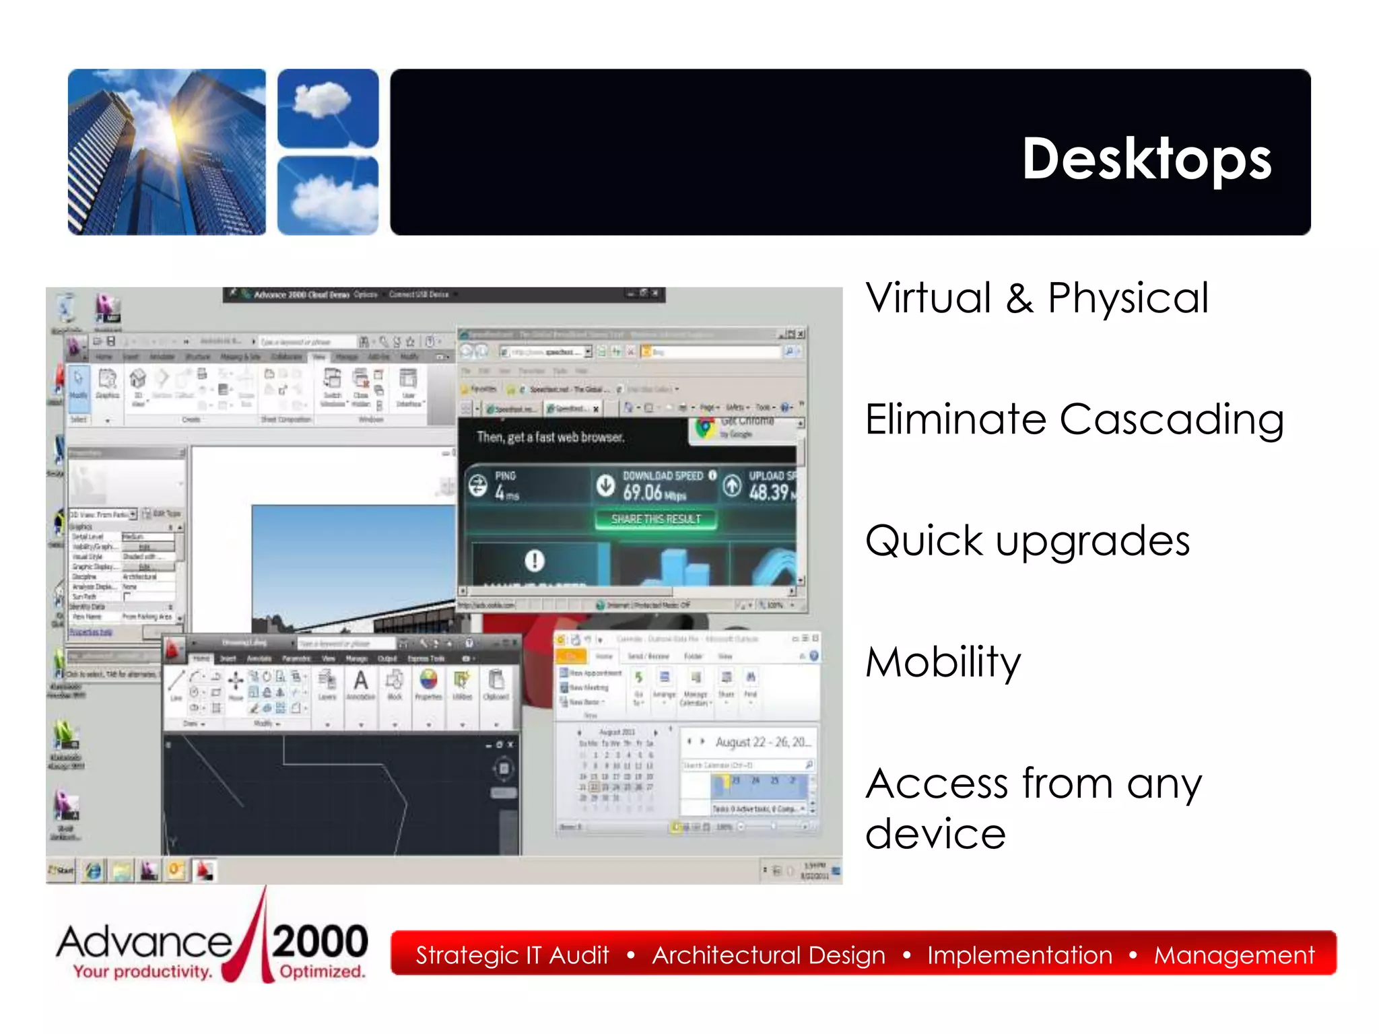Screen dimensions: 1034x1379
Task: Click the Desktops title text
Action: click(x=1146, y=159)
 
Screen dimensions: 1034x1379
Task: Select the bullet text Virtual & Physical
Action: click(x=1037, y=298)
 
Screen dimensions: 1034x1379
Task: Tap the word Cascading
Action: click(x=1171, y=419)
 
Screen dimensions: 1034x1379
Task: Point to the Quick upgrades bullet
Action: click(x=1028, y=541)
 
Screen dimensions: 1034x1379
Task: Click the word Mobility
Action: click(x=943, y=662)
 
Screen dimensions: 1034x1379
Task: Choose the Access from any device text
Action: click(x=1033, y=807)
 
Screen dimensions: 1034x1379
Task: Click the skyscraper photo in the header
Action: click(x=166, y=152)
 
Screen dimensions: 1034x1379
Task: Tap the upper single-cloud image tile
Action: click(x=328, y=108)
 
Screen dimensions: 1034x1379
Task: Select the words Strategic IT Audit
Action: click(x=512, y=955)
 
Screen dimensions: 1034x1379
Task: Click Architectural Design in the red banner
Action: click(x=768, y=955)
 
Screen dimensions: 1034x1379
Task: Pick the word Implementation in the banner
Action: click(x=1019, y=955)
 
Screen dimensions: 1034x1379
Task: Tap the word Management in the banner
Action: click(x=1234, y=955)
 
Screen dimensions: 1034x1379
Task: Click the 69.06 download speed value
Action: click(x=644, y=493)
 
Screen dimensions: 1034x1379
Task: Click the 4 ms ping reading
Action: click(x=506, y=493)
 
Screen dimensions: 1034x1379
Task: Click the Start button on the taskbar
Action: click(x=61, y=870)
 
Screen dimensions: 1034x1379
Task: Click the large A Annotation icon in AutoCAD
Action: click(x=361, y=681)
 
